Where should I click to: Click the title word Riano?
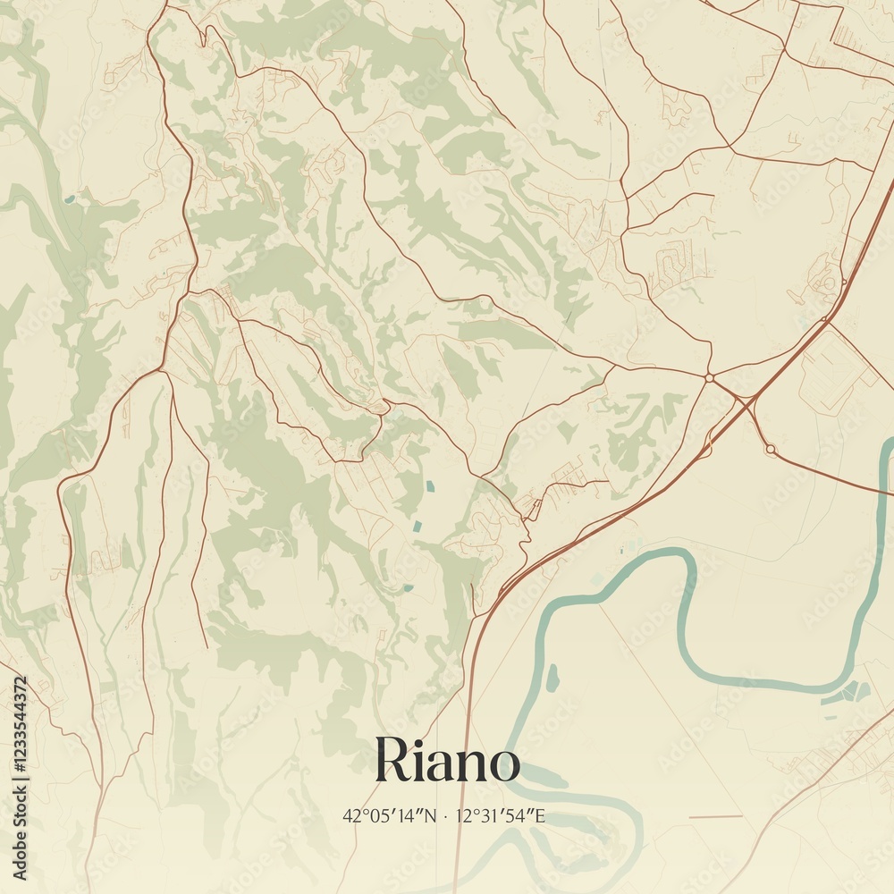click(447, 761)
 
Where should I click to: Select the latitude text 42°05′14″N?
click(390, 815)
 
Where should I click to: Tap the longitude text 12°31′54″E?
click(501, 815)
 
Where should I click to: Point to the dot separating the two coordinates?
click(445, 815)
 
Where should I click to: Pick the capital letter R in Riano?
click(392, 761)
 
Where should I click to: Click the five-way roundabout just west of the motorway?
click(709, 378)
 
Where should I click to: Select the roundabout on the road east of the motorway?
click(770, 448)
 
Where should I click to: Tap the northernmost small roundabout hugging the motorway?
click(843, 283)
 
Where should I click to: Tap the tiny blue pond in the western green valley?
click(70, 198)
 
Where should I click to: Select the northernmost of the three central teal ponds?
click(430, 487)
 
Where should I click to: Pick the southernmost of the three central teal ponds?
click(408, 587)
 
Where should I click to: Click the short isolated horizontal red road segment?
click(715, 816)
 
